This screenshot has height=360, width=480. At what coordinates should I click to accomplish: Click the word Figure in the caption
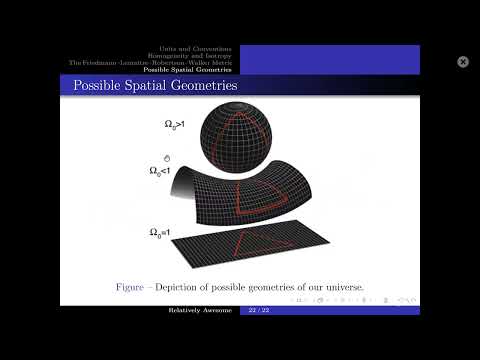132,287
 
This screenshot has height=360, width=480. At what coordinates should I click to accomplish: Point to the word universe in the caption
341,287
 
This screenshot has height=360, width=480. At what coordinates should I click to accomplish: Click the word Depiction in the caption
187,287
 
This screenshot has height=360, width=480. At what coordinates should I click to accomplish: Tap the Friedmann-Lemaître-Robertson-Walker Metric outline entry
151,63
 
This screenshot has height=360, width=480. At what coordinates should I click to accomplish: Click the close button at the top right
463,62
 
